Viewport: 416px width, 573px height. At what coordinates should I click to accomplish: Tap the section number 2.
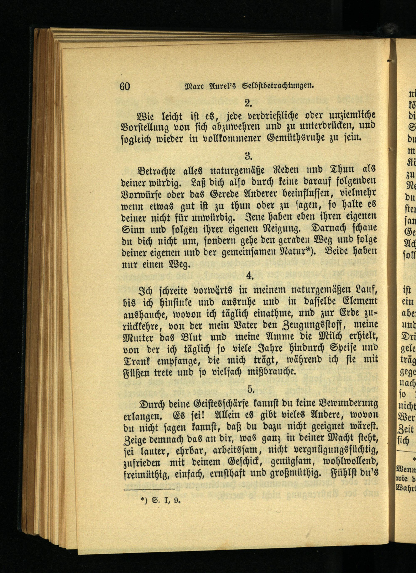pos(248,103)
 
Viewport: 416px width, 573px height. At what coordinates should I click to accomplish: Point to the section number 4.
pos(250,276)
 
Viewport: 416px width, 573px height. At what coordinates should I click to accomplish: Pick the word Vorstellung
pos(145,127)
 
